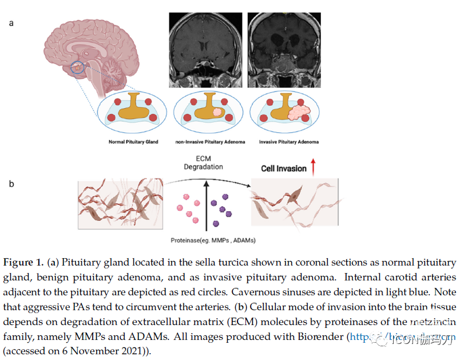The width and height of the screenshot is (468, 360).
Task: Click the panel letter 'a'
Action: [x=11, y=23]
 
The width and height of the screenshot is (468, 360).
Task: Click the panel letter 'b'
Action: [x=11, y=184]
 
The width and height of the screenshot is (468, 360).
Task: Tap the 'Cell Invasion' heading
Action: [x=284, y=169]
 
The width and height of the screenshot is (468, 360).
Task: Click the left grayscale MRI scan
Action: [x=205, y=50]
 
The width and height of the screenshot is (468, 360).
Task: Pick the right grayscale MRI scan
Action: [x=284, y=50]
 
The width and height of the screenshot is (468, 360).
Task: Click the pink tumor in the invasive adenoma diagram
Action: [x=298, y=112]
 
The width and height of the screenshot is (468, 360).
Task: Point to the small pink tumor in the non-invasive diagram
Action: [x=217, y=113]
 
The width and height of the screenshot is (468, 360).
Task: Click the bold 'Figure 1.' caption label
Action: [x=26, y=263]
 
